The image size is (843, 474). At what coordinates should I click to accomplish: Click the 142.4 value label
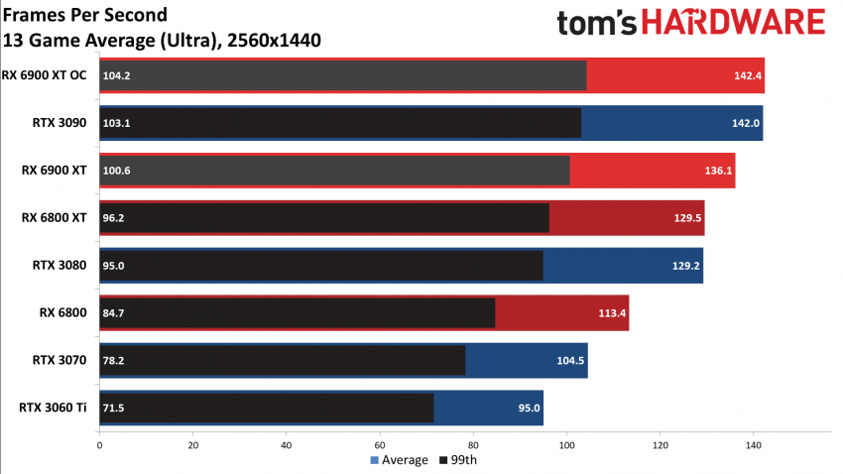tap(744, 75)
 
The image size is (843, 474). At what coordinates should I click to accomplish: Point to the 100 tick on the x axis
tap(566, 445)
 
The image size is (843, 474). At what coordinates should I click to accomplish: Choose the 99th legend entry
tap(456, 460)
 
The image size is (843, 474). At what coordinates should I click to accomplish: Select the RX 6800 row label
tap(64, 312)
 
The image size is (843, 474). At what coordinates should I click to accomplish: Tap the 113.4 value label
tap(608, 313)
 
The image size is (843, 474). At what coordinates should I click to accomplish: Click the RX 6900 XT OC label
tap(45, 75)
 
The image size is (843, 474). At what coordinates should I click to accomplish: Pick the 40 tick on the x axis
tap(287, 445)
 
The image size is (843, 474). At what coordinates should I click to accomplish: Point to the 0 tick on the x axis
tap(99, 445)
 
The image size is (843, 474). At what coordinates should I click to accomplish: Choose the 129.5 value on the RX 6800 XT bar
tap(683, 218)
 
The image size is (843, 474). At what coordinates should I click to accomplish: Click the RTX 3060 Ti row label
tap(54, 408)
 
